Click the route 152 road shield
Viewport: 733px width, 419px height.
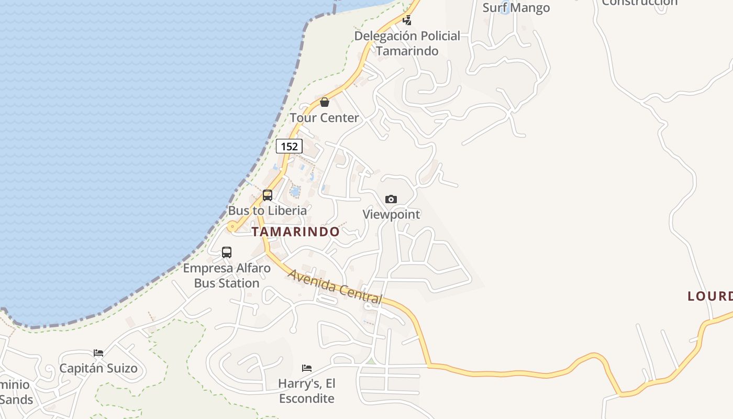coord(289,146)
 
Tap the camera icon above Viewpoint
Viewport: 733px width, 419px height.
coord(391,199)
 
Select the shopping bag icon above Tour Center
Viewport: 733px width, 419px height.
coord(325,102)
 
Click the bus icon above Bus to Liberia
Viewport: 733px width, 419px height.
coord(268,195)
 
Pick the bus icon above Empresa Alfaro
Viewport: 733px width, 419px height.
coord(227,252)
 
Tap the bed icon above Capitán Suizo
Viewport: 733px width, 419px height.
coord(98,352)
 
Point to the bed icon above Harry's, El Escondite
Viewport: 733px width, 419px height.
coord(307,368)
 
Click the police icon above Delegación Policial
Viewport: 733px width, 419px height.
coord(407,20)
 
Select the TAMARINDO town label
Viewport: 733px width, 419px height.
coord(296,231)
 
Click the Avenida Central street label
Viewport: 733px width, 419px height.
coord(335,286)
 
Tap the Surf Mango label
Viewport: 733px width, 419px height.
coord(516,7)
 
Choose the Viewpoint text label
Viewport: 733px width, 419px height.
coord(392,214)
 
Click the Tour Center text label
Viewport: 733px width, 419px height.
coord(325,117)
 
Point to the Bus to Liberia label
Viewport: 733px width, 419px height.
coord(268,211)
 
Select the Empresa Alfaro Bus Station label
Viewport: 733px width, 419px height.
coord(227,275)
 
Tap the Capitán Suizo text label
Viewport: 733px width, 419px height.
coord(98,368)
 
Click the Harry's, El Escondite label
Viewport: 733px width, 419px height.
coord(307,391)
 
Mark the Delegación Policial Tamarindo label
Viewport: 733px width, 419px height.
coord(407,43)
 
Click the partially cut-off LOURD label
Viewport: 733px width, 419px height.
coord(710,296)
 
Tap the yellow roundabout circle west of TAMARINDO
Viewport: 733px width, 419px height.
coord(232,227)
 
